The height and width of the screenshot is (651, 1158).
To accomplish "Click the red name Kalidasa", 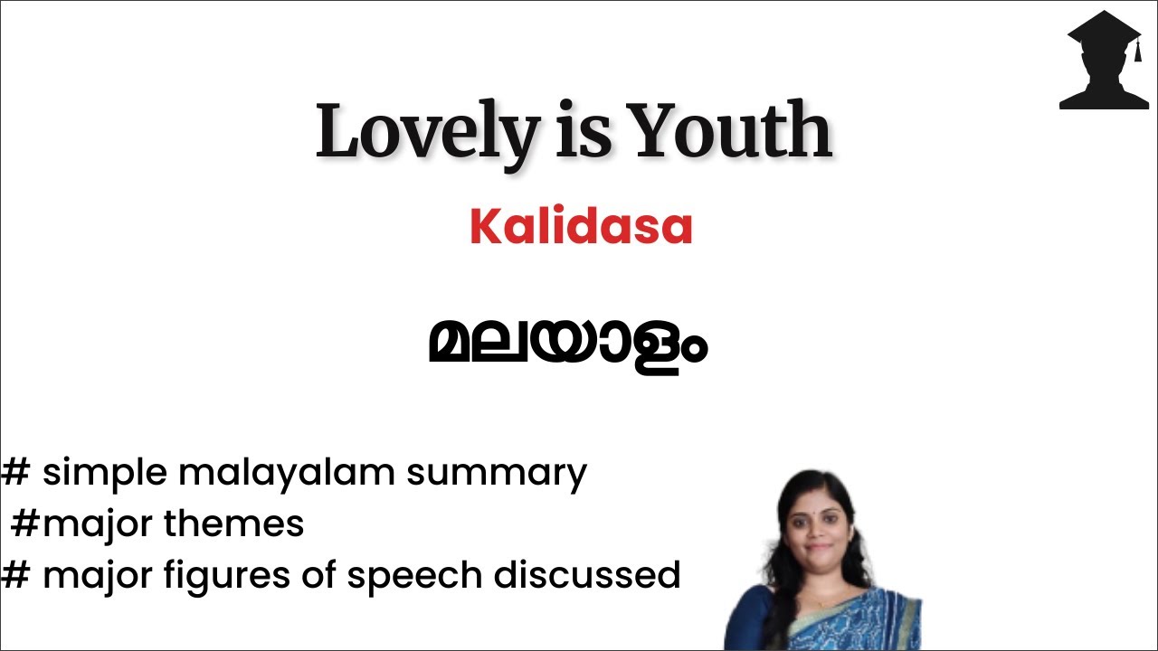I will pyautogui.click(x=581, y=227).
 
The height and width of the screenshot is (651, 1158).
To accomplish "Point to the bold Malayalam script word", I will pyautogui.click(x=567, y=346).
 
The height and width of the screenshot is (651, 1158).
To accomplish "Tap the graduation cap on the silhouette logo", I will pyautogui.click(x=1105, y=32).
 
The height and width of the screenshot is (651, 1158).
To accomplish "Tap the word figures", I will pyautogui.click(x=259, y=576).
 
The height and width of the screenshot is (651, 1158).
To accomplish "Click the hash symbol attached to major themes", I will pyautogui.click(x=24, y=524).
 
